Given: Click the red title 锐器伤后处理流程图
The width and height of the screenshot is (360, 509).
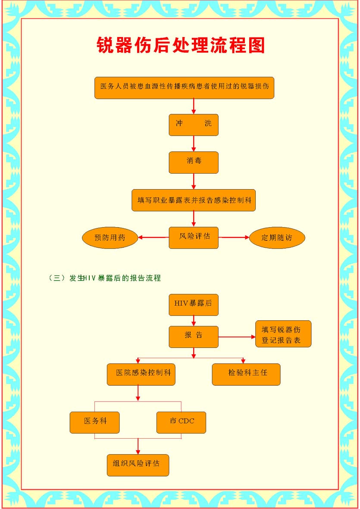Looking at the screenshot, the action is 181,45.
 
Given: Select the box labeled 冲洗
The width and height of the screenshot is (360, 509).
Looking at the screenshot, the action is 194,125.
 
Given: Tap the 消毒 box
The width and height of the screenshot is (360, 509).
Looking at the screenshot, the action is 194,162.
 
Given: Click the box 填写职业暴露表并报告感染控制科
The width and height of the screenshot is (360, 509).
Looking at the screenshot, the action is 194,200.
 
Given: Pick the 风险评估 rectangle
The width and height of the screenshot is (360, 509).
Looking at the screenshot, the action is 194,237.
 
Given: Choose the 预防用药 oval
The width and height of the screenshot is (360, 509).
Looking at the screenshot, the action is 110,237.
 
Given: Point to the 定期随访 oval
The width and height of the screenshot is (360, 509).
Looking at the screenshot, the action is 277,237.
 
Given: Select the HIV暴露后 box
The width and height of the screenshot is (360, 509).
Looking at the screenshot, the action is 194,305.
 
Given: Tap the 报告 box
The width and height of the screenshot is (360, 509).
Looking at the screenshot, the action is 194,337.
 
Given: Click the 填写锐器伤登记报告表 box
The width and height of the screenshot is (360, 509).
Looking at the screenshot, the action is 283,334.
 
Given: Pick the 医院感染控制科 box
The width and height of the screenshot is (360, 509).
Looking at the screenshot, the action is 141,374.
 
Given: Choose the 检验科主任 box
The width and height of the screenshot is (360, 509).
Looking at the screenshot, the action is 246,374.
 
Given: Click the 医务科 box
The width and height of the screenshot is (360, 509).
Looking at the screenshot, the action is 94,422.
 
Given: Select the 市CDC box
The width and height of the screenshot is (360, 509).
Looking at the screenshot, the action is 181,422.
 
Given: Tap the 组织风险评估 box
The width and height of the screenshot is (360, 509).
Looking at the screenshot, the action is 138,465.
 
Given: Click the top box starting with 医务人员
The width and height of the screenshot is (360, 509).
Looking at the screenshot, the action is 185,87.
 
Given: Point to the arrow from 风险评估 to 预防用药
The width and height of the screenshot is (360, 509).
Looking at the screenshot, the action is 153,237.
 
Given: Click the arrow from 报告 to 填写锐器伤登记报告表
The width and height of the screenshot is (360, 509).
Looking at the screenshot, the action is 237,337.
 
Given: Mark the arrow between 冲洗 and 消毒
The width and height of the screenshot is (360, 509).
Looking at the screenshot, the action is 194,144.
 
